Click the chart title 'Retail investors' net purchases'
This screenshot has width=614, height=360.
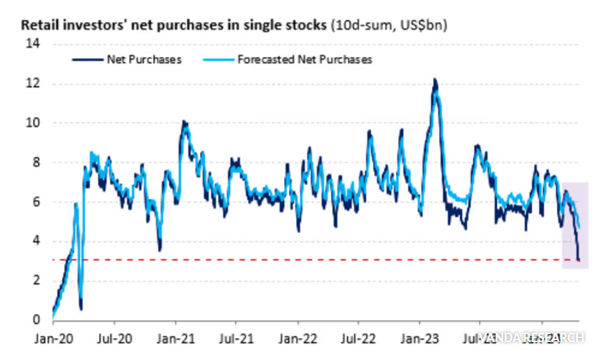175,25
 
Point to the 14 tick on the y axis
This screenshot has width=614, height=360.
33,45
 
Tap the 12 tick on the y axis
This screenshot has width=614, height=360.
33,84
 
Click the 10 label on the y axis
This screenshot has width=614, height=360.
33,123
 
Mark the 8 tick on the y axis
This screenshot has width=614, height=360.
36,162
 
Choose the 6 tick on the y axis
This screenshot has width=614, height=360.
36,202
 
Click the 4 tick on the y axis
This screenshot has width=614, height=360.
36,241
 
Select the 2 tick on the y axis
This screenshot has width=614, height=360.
36,280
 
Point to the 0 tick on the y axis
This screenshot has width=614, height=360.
36,319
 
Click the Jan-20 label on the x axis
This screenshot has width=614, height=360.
53,337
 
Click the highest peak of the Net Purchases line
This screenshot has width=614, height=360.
434,79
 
